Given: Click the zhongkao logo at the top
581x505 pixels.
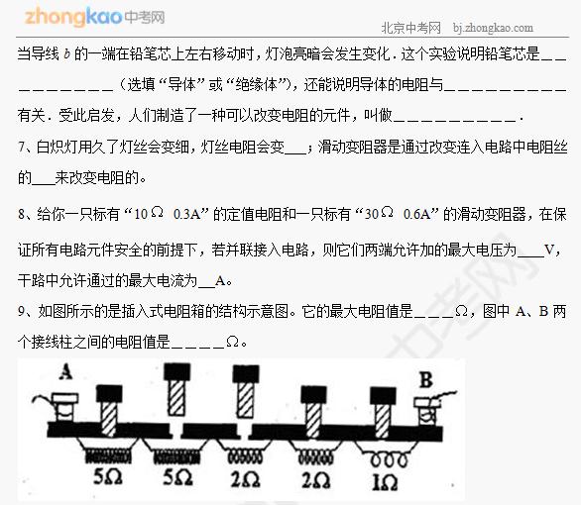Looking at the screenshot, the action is coord(94,17).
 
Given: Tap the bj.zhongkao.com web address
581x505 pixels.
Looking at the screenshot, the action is coord(493,28).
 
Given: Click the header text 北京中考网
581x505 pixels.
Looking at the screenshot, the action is coord(410,28).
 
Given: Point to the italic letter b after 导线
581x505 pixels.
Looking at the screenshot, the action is coord(66,54).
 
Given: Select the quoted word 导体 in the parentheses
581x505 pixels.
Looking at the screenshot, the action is coord(181,85).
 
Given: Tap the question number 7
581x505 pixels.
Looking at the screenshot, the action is coord(21,148).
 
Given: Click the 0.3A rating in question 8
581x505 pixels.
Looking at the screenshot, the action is coord(186,214).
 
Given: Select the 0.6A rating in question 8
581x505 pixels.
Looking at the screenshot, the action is coord(416,214).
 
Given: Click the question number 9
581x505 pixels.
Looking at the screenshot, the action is coord(21,312).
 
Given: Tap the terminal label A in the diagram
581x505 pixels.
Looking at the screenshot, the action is coord(65,371).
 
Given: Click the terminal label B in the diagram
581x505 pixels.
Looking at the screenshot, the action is coord(425,380).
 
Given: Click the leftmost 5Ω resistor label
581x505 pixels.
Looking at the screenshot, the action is coord(107,477).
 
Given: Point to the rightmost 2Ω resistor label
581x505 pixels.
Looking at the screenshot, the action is coord(315,480).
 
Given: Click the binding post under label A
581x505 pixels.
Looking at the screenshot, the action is coord(64,408).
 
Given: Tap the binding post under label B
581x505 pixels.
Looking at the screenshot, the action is coord(426,412).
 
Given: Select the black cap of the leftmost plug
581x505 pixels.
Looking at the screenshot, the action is coord(109,394).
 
